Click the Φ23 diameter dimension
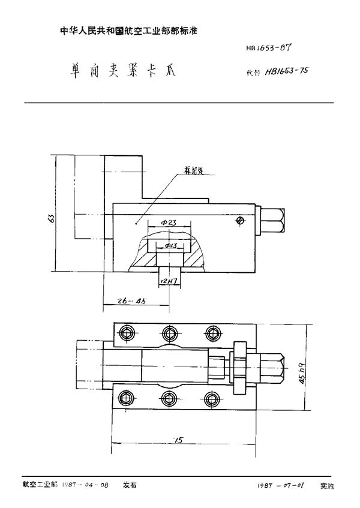169,224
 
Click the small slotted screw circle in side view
240,221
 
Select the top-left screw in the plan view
126,332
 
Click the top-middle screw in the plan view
169,332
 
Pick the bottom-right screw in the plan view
211,397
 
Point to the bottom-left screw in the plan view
126,397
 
